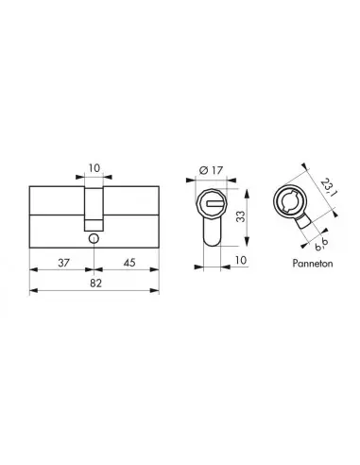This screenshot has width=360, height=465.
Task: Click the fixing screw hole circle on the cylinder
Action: pos(93,239)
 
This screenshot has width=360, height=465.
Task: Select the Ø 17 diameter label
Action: pos(213,171)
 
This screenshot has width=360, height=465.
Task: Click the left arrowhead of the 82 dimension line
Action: pos(35,292)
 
